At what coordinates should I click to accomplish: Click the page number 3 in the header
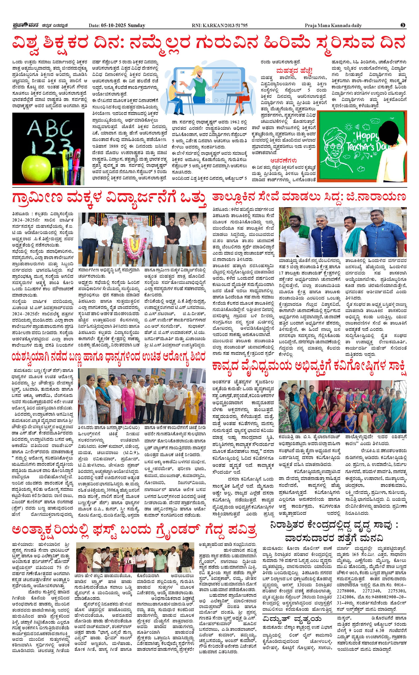pos(403,25)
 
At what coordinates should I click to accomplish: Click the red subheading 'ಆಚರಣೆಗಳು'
pos(284,160)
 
